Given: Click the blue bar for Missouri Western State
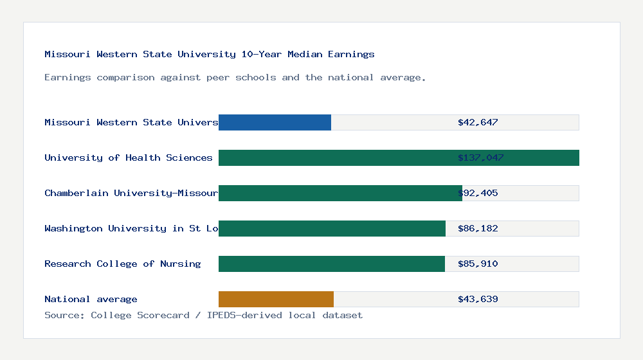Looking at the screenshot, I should click(275, 122).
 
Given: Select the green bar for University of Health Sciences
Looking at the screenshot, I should click(399, 157).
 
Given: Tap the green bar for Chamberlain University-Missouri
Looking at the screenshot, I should click(340, 193).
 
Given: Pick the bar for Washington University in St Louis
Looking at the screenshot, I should click(332, 228).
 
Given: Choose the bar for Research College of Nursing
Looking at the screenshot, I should click(331, 264).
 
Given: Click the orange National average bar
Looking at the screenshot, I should click(276, 299).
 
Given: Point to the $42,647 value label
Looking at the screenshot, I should click(478, 122).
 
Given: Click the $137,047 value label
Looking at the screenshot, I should click(480, 157).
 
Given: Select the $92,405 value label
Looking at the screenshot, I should click(478, 193).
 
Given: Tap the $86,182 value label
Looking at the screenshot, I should click(478, 228).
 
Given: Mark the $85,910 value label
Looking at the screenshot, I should click(478, 264).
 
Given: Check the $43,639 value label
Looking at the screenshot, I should click(478, 299).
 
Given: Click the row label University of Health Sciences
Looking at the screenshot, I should click(129, 157).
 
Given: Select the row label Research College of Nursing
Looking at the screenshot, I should click(122, 264).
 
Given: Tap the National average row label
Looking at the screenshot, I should click(91, 299).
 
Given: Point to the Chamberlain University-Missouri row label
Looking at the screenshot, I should click(131, 193).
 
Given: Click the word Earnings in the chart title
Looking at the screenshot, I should click(351, 54).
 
